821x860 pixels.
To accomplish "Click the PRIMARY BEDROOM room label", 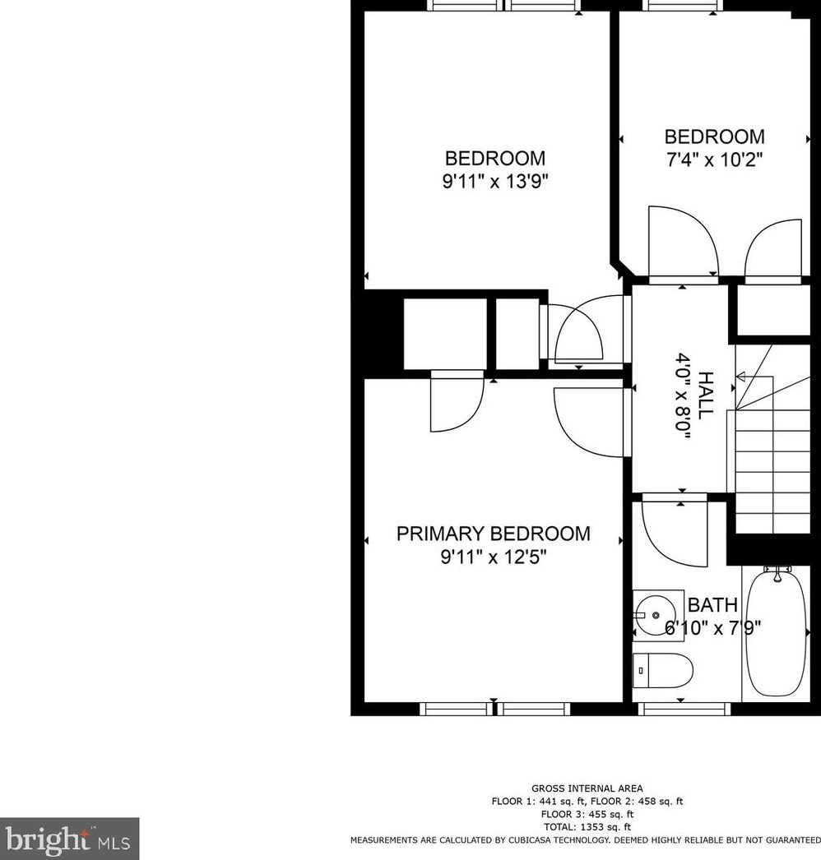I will [493, 534].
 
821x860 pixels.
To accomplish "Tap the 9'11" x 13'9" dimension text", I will [494, 182].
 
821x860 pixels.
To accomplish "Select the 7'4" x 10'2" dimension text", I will [714, 160].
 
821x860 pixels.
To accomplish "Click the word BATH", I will [712, 605].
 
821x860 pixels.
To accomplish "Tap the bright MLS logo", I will [69, 839].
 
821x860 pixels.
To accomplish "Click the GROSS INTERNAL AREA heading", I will [587, 788].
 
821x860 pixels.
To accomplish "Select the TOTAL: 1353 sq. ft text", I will [587, 827].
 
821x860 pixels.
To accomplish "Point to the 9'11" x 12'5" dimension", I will [494, 557].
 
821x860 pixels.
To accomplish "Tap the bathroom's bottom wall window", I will [684, 708].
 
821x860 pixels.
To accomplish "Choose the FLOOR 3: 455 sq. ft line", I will [587, 814].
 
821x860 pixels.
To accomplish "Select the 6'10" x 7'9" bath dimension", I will [712, 628].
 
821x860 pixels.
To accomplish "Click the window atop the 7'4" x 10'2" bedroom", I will [684, 5].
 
